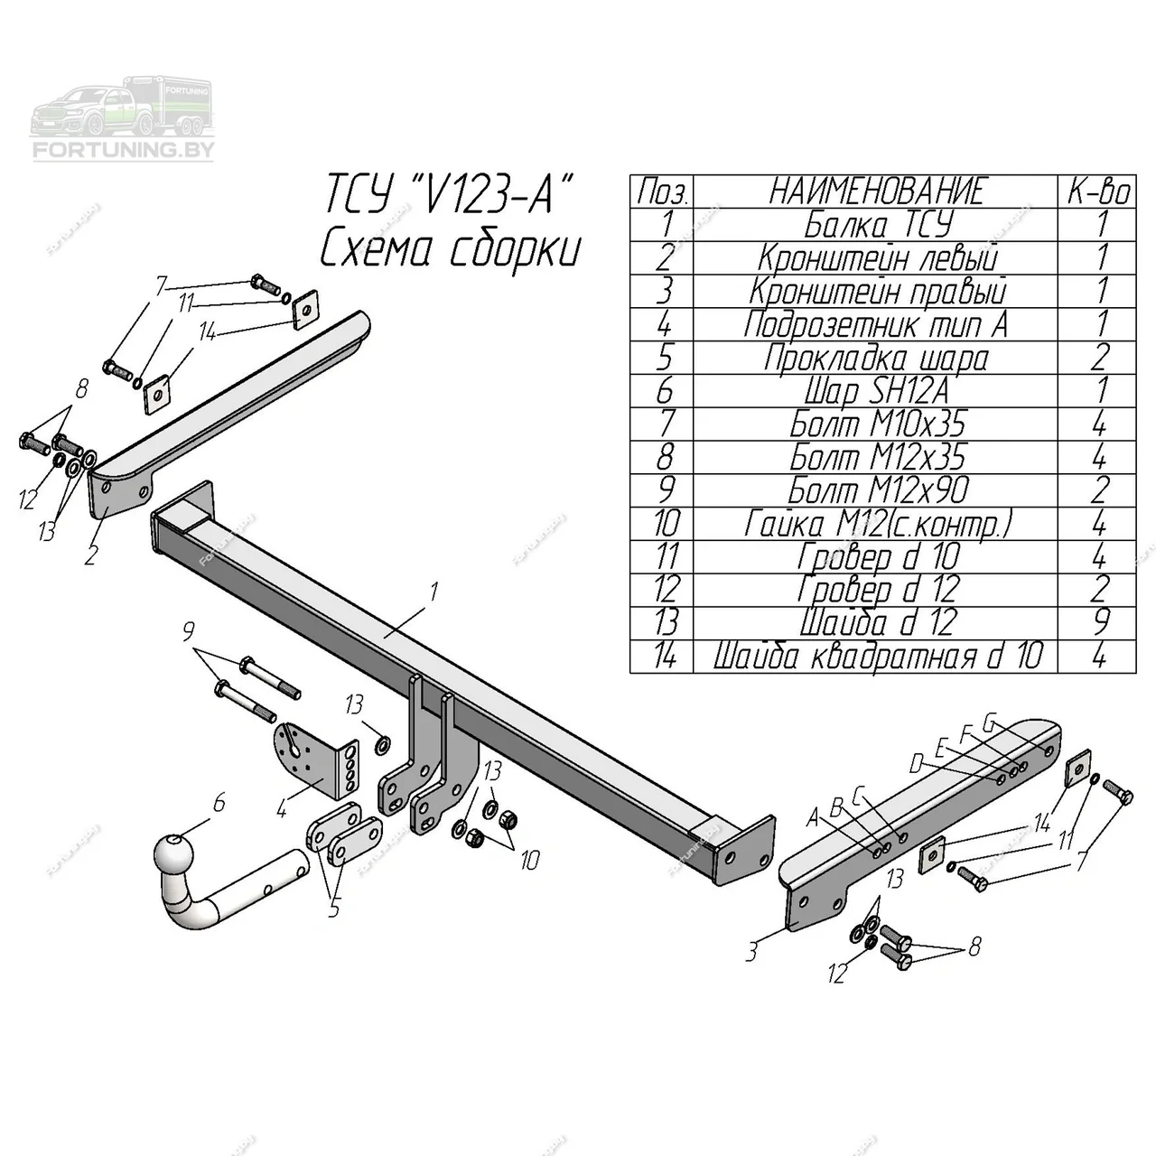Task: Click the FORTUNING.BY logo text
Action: click(123, 150)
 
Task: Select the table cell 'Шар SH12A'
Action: click(876, 392)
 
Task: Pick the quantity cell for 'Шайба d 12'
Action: click(1099, 623)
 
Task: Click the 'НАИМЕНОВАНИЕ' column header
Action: click(876, 191)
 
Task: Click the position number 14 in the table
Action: click(664, 657)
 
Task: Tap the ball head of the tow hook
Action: click(172, 853)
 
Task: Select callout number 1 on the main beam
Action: click(433, 592)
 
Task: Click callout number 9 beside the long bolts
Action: click(189, 631)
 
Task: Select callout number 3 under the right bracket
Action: click(752, 950)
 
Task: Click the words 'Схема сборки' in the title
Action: click(449, 250)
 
